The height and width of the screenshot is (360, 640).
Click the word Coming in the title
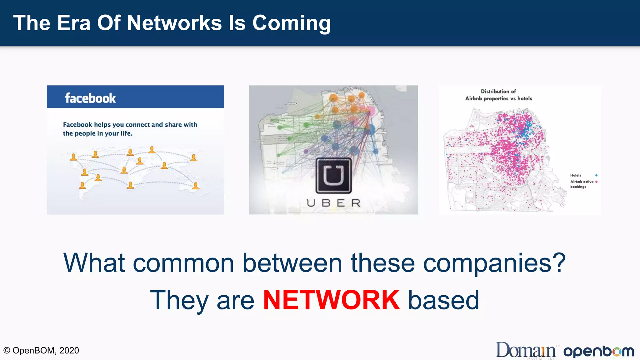291,23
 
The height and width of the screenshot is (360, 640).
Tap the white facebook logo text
90,98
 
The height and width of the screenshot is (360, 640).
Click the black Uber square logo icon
333,176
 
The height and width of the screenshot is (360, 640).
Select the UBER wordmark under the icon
333,203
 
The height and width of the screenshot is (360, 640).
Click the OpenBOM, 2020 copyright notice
41,350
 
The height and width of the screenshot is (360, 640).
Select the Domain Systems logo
526,350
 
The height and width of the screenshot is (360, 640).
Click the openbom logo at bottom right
598,352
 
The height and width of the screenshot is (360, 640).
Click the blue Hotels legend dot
596,175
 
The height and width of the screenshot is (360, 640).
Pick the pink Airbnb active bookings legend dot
596,182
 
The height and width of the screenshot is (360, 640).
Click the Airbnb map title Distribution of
498,92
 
